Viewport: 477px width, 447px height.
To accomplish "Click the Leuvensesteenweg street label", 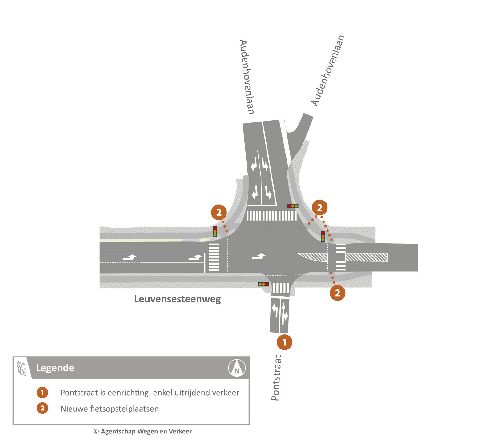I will coord(178,299).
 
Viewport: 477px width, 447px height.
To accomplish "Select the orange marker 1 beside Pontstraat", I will coord(284,342).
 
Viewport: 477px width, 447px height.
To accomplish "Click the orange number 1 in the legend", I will coord(42,393).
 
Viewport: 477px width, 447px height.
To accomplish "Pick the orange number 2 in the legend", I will coord(42,408).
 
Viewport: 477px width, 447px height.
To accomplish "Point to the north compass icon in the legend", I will coord(237,368).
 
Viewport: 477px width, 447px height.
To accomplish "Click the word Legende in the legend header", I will coord(55,368).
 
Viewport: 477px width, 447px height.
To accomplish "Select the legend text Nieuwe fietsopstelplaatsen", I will coord(110,409).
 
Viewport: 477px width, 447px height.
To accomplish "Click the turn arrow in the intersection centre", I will coord(259,256).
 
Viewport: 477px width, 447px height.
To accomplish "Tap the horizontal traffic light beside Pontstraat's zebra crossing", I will coord(263,284).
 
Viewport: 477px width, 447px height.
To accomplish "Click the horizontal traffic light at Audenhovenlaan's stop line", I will coord(293,206).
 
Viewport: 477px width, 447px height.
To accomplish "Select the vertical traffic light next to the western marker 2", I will coord(215,231).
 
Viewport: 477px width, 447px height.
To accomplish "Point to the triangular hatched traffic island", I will coord(314,257).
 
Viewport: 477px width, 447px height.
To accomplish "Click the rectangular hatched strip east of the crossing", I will coord(366,257).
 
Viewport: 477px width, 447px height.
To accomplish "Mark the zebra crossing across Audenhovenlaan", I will coord(271,216).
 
